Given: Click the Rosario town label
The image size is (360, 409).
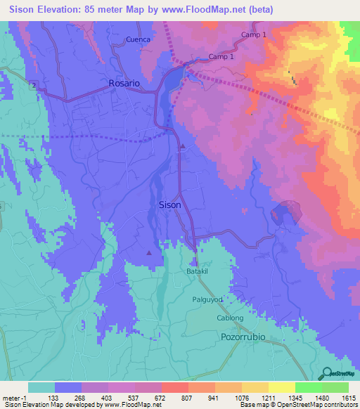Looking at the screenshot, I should click(124, 83).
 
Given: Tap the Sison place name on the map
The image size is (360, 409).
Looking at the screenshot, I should click(169, 205).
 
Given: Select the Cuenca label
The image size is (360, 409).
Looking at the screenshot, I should click(139, 39).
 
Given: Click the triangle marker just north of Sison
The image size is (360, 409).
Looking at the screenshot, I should click(182, 147).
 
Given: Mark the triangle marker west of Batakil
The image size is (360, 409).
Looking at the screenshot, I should click(148, 252).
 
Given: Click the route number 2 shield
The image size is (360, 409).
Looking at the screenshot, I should click(32, 84).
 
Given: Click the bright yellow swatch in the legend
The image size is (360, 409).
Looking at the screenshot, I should click(281, 387).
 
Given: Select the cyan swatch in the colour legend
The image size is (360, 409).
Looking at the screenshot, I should click(41, 387).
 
